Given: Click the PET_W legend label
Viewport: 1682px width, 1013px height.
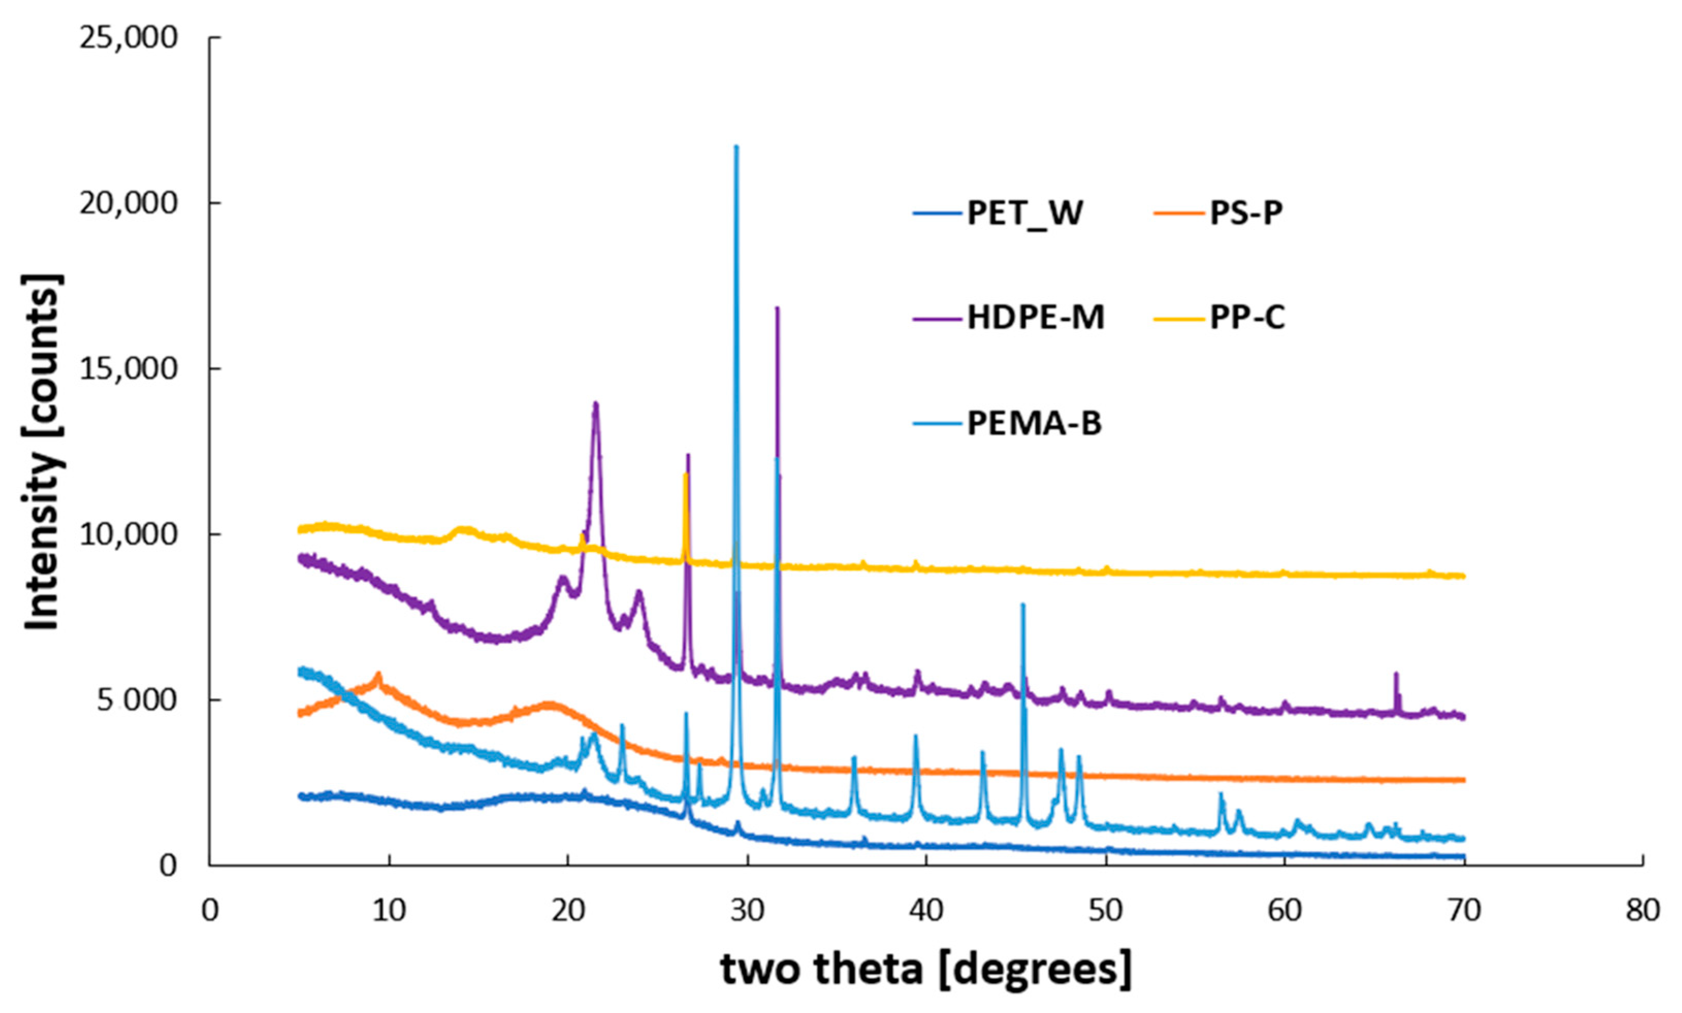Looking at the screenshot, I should point(1025,214).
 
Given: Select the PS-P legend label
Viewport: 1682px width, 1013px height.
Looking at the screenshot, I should point(1246,214).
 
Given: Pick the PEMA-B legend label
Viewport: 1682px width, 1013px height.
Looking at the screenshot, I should point(1033,424).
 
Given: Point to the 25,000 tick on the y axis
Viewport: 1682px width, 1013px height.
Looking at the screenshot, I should point(128,38).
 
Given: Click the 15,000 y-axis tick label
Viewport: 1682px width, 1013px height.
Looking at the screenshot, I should point(128,369).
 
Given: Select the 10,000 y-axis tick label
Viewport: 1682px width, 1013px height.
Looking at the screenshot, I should point(128,534).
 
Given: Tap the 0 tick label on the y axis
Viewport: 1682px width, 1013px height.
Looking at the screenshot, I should point(168,865).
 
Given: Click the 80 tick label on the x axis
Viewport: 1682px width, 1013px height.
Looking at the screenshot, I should point(1642,910).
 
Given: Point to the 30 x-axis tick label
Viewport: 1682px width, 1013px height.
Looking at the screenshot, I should point(748,910).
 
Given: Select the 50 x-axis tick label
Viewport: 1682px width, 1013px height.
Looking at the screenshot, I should point(1105,910).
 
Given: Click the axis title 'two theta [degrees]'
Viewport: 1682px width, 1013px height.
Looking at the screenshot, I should point(926,969).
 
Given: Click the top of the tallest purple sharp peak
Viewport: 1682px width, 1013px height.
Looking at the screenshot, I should point(777,308).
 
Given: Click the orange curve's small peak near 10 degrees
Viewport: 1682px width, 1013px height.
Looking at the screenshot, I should point(378,675).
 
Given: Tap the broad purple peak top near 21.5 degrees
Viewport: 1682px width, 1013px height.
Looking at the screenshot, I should point(595,403).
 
